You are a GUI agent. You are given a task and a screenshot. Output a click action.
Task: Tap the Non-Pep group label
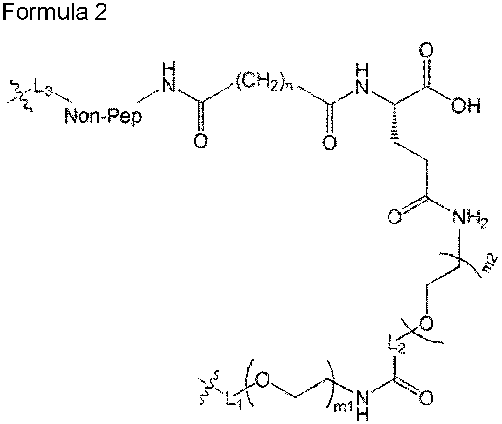point(103,117)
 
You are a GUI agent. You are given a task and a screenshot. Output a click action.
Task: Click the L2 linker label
point(396,346)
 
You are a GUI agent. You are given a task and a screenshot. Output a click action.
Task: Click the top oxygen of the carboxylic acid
point(427,51)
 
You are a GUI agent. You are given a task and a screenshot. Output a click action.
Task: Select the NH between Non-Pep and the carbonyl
point(169,78)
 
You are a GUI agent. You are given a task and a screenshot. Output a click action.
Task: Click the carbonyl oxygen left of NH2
point(395,217)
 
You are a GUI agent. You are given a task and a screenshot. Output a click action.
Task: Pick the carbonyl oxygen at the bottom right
point(426,398)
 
